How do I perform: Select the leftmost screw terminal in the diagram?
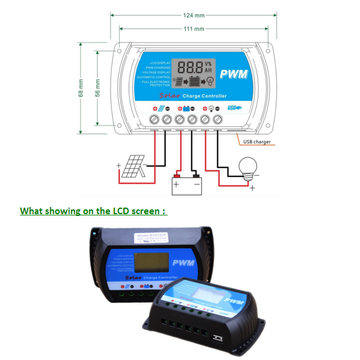tap(155, 119)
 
